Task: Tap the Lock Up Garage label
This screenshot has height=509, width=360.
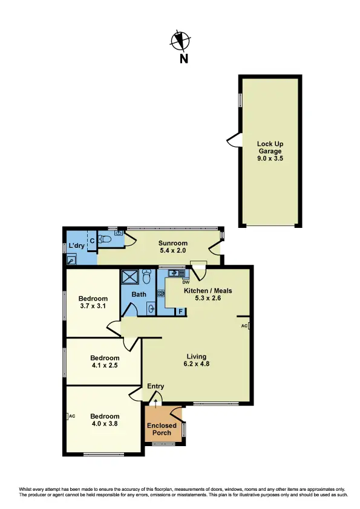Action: (x=270, y=148)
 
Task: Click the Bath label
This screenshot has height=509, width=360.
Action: (x=139, y=294)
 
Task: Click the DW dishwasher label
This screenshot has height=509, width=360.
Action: (x=186, y=282)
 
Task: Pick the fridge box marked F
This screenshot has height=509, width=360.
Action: (x=179, y=312)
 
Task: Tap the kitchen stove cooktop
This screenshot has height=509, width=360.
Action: (x=162, y=294)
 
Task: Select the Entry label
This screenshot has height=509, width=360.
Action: (x=155, y=386)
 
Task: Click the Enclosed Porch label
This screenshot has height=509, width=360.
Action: (x=162, y=429)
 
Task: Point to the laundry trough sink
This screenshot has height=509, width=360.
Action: (x=71, y=261)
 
